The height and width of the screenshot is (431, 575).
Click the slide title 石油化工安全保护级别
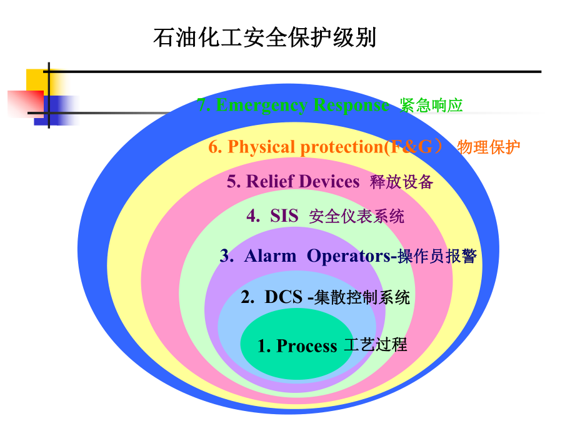pos(265,37)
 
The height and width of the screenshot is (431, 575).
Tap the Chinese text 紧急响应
pos(431,106)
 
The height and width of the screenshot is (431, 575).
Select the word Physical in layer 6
pos(262,147)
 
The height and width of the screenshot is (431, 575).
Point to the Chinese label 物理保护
pos(488,147)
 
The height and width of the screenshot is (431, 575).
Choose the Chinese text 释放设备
pos(401,182)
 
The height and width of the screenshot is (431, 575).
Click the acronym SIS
pos(284,216)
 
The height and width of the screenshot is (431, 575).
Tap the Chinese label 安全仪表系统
pos(357,217)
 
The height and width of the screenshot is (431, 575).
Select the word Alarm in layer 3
pos(270,256)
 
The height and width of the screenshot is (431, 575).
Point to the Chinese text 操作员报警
pos(437,257)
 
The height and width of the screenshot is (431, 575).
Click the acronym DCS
pos(283,297)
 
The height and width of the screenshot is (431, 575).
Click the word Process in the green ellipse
pos(306,345)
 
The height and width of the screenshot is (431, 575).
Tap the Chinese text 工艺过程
pos(375,345)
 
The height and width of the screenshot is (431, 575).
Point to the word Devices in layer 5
pos(329,181)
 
